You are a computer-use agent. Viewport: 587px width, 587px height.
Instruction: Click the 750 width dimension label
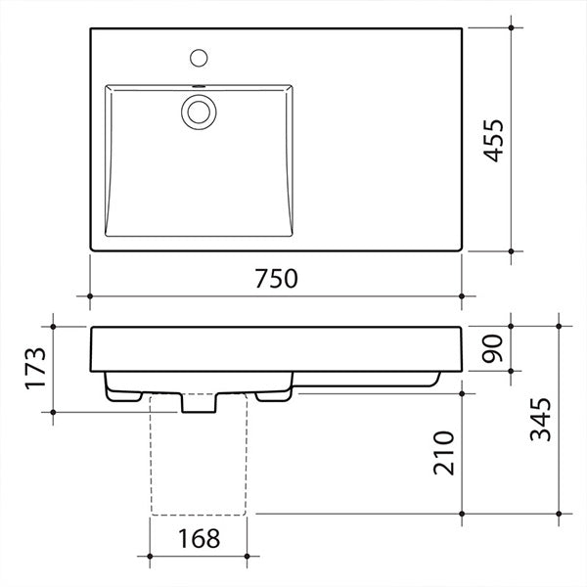pyautogui.click(x=275, y=279)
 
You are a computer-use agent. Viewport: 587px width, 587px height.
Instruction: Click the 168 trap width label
pyautogui.click(x=198, y=538)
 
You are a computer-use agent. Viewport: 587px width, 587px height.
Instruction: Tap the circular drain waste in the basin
pyautogui.click(x=199, y=111)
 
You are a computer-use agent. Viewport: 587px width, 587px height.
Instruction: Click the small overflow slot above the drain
pyautogui.click(x=199, y=87)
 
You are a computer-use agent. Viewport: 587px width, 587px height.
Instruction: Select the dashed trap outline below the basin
pyautogui.click(x=198, y=460)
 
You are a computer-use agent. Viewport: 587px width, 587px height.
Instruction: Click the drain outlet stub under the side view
pyautogui.click(x=198, y=402)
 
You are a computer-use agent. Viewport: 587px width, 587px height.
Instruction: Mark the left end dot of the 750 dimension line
pyautogui.click(x=90, y=294)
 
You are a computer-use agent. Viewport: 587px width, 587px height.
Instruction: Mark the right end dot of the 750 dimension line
pyautogui.click(x=462, y=294)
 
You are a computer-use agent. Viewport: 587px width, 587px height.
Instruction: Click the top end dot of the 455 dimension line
pyautogui.click(x=512, y=28)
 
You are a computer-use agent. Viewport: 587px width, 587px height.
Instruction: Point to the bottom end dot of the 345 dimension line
pyautogui.click(x=557, y=513)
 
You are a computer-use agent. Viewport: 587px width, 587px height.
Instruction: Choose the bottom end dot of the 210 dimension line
pyautogui.click(x=462, y=513)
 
